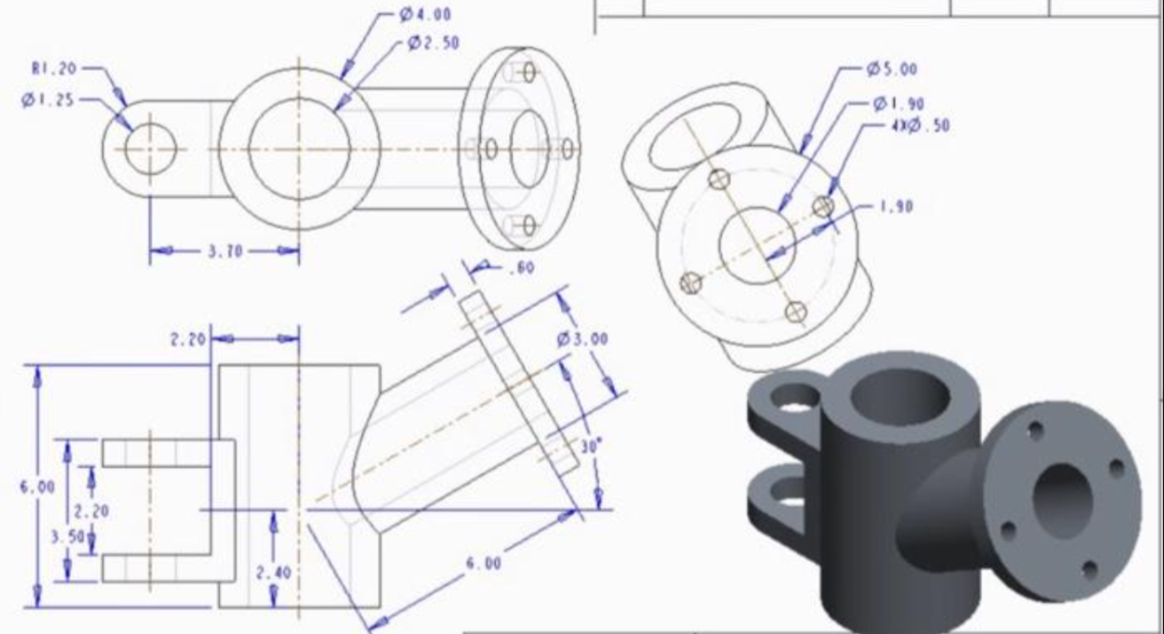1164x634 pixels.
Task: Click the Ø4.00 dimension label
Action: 425,14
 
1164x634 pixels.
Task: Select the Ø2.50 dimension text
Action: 434,43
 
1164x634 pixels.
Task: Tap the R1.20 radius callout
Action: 56,67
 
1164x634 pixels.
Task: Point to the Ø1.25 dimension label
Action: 50,100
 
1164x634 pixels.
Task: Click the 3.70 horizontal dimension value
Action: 224,251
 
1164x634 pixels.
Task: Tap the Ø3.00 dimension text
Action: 582,339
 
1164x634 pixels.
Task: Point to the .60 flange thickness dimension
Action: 520,268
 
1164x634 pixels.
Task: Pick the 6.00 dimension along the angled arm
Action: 483,563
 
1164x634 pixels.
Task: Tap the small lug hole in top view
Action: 150,149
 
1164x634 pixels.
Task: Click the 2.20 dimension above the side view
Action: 187,338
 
